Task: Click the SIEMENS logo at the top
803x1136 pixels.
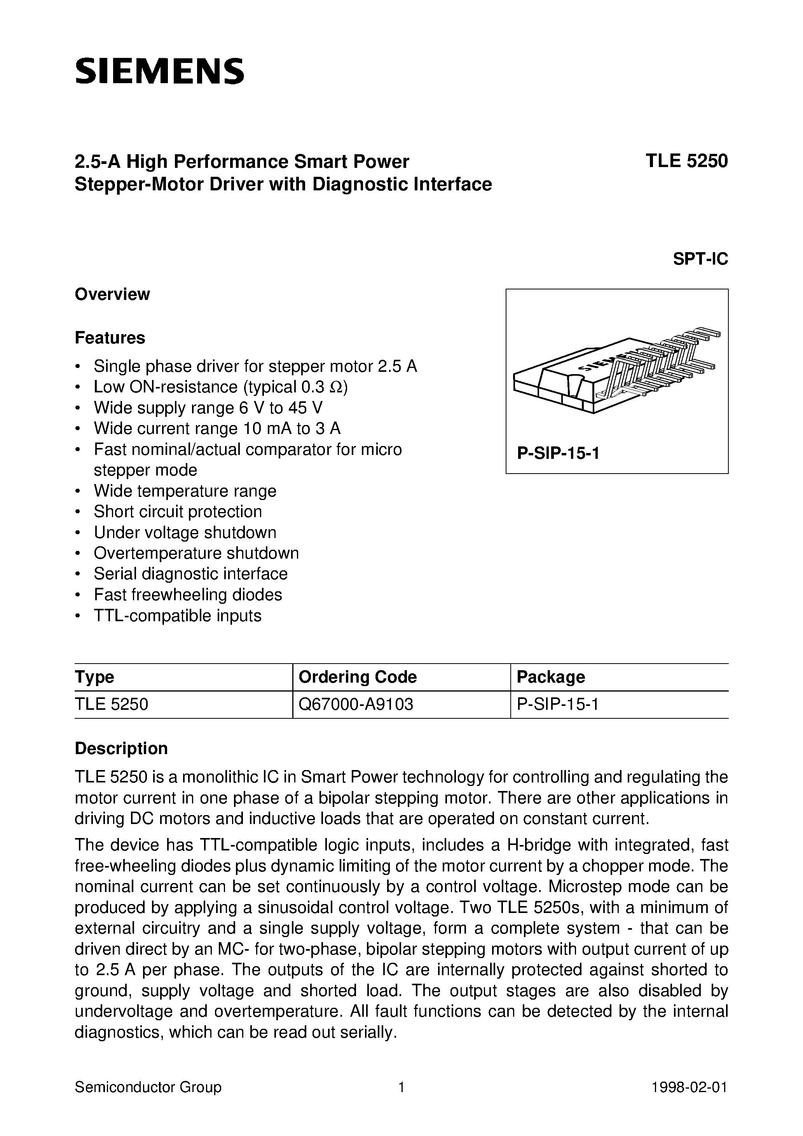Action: coord(159,71)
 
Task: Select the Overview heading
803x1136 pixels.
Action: coord(112,294)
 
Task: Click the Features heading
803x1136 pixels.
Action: coord(110,338)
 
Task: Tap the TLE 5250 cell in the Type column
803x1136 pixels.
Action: coord(112,704)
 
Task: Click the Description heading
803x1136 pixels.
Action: coord(121,749)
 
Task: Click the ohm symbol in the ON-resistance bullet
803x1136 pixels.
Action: coord(336,387)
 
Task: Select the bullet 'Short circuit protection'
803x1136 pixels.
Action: coord(178,512)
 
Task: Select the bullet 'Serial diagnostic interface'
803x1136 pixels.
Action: coord(190,574)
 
